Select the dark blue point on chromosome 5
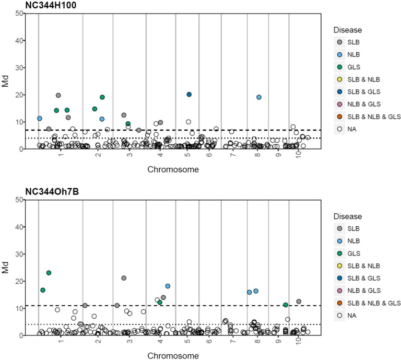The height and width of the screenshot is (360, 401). point(189,95)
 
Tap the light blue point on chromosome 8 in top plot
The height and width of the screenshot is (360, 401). point(258,97)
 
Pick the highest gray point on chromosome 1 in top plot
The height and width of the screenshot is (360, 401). point(58,96)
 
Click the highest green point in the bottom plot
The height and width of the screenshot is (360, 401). point(49,273)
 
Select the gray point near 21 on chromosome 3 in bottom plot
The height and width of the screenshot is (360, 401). point(124,278)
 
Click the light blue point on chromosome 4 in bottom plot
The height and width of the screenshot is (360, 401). point(168,286)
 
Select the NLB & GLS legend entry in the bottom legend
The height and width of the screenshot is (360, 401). point(340,291)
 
